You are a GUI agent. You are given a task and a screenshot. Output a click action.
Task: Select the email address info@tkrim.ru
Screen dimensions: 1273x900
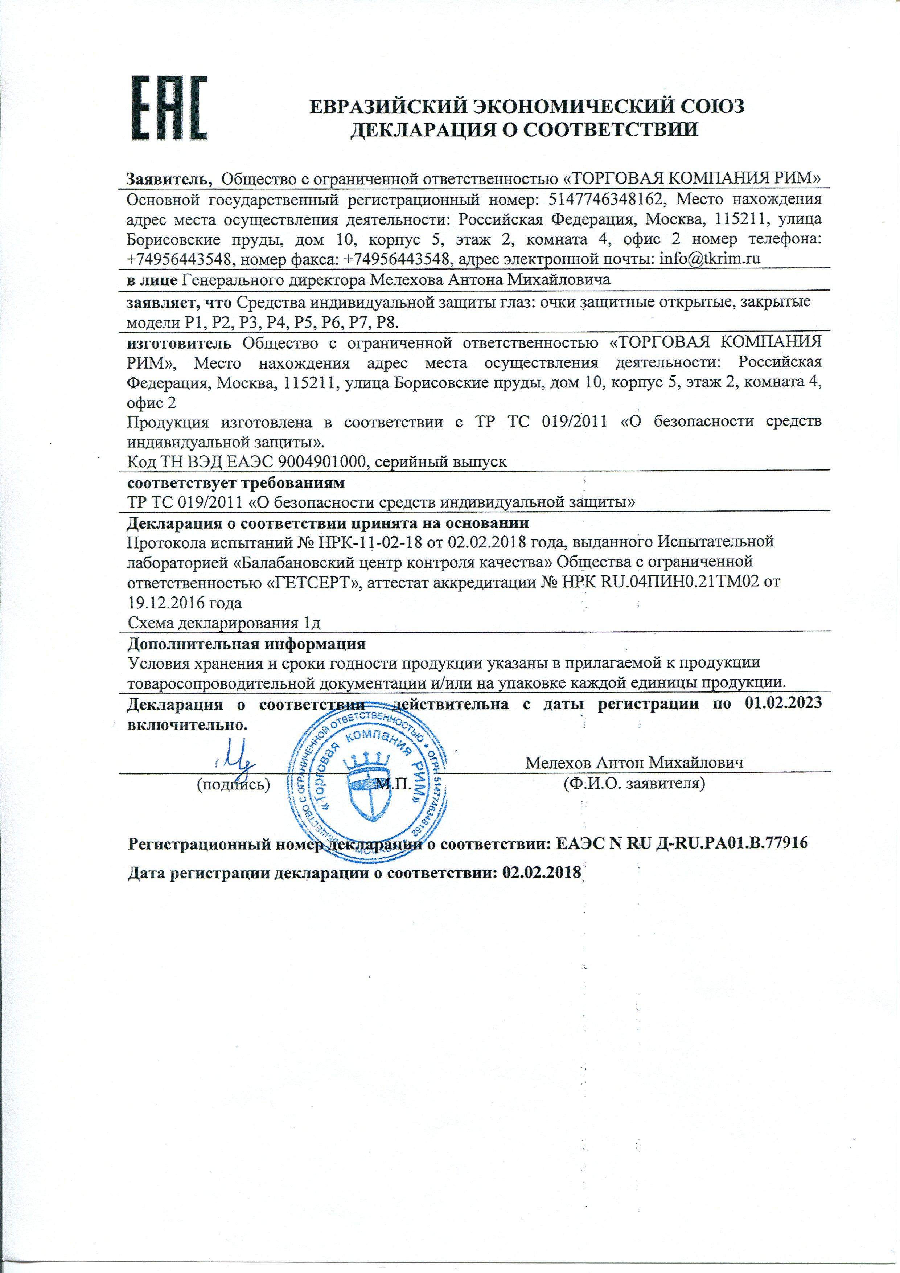point(708,258)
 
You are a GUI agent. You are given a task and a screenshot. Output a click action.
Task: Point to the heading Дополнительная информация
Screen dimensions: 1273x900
point(246,645)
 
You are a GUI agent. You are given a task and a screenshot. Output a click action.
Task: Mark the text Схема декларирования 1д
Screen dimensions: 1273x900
point(225,623)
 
